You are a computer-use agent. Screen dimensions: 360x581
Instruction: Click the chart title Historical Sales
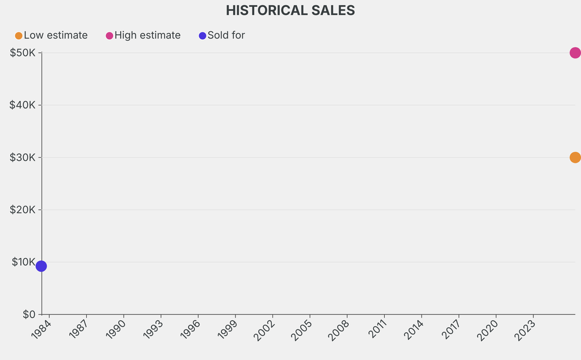click(290, 10)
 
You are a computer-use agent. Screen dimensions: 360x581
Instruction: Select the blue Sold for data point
click(41, 266)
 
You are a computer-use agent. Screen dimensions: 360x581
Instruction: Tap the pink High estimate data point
click(575, 53)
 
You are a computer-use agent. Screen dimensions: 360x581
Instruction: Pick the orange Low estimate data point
click(575, 157)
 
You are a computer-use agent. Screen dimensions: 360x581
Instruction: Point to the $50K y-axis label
click(23, 53)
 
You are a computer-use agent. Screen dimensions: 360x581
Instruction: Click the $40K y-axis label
click(23, 105)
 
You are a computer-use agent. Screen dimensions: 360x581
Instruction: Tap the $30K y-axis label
click(23, 157)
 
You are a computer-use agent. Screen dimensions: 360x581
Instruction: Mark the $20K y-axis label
click(23, 210)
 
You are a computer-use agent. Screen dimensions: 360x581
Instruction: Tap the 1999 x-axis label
click(228, 329)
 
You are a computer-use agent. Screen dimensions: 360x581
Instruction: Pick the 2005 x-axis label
click(302, 329)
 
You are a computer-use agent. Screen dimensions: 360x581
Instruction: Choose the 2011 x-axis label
click(377, 329)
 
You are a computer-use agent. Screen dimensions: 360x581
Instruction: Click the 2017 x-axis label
click(451, 329)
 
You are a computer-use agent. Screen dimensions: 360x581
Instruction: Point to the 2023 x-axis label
click(525, 329)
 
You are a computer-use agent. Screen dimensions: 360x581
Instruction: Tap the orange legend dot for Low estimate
click(19, 36)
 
